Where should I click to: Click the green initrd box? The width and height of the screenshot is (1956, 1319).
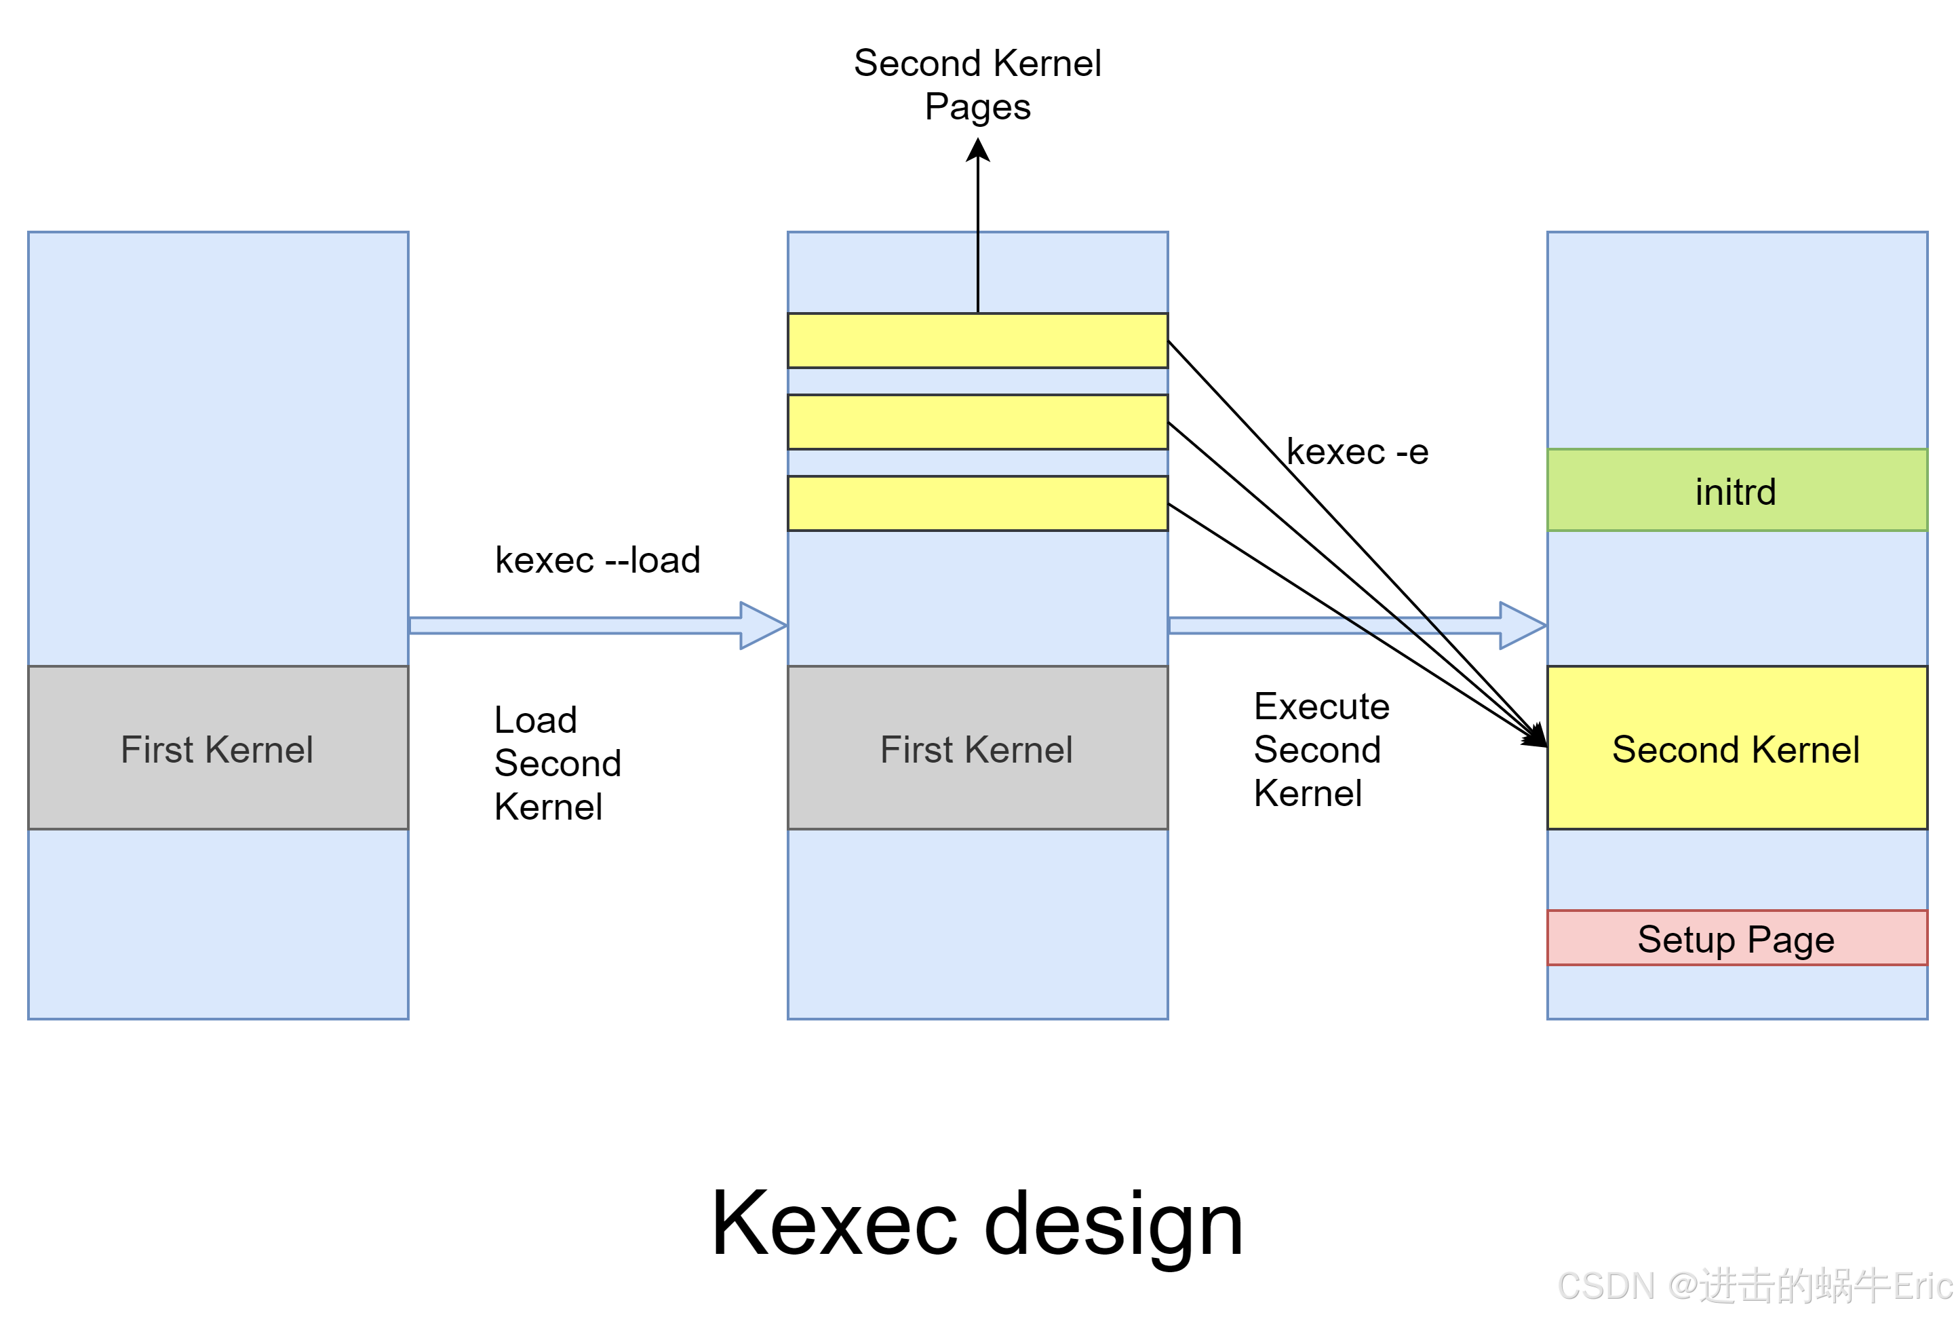click(x=1736, y=491)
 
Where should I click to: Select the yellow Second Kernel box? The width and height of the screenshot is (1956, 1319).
click(x=1736, y=748)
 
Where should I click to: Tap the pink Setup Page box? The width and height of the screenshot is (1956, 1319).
click(x=1736, y=938)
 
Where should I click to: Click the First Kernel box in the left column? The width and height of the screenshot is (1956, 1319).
click(x=218, y=748)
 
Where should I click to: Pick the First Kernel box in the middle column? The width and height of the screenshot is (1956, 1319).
click(x=977, y=748)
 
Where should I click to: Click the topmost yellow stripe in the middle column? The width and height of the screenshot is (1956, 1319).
click(x=977, y=341)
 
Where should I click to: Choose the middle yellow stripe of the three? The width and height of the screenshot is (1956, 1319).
click(x=977, y=421)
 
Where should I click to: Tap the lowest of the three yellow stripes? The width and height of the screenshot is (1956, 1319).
click(x=977, y=503)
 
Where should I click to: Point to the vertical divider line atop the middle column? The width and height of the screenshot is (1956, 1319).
click(x=977, y=271)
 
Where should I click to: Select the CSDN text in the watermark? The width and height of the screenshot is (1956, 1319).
click(x=1605, y=1285)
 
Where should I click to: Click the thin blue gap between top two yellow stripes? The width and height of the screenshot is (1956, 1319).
click(x=977, y=381)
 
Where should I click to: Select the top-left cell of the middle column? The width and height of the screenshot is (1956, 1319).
click(x=882, y=271)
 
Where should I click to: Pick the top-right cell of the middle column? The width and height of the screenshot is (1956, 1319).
click(x=1073, y=271)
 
